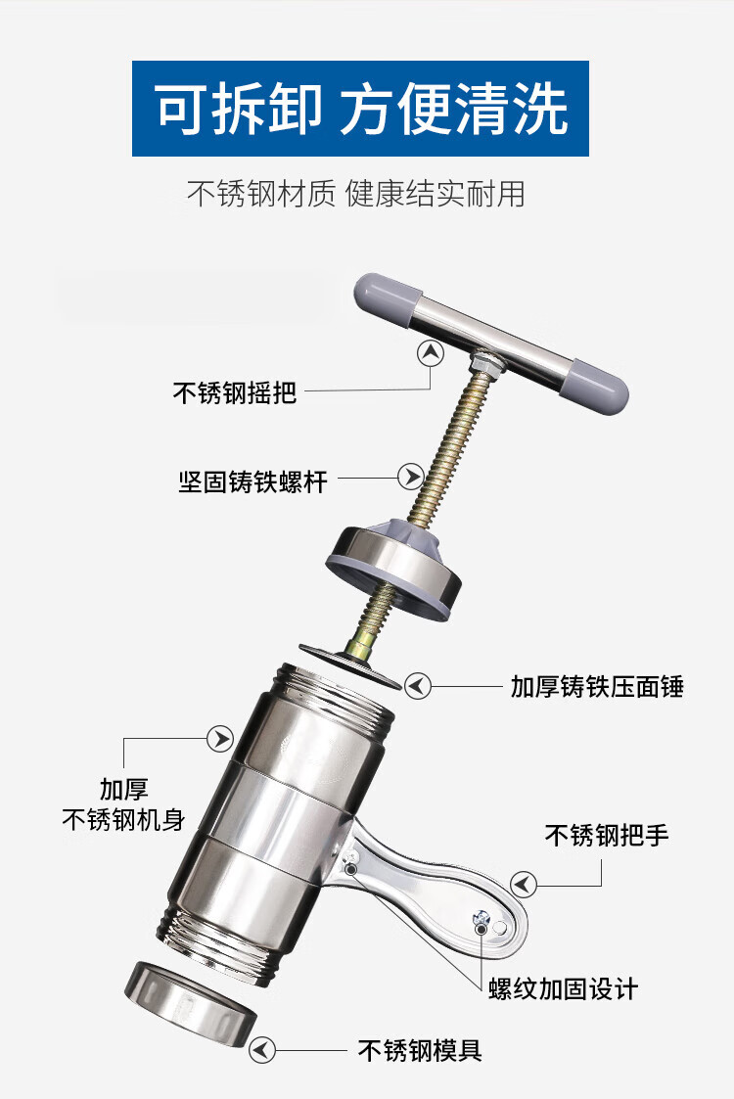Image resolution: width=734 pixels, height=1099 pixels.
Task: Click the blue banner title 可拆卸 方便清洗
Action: click(x=360, y=108)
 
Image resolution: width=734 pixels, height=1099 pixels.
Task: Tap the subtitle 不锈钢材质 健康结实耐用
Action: click(x=356, y=194)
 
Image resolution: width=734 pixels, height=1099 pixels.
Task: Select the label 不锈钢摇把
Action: click(x=235, y=392)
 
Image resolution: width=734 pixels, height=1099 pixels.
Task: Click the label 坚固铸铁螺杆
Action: click(x=253, y=481)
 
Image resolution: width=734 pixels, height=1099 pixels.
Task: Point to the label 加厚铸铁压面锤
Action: click(x=597, y=686)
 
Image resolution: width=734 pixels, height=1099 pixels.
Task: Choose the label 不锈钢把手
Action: click(x=607, y=835)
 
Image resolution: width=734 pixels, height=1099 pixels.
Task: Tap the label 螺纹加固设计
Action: click(x=564, y=989)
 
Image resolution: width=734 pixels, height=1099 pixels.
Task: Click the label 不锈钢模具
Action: click(x=420, y=1050)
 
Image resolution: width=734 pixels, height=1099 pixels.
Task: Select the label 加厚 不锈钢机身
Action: click(x=123, y=803)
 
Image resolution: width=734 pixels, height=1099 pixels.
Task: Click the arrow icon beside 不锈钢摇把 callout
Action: click(x=431, y=352)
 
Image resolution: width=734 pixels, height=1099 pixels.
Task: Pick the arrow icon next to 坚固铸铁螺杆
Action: click(x=410, y=477)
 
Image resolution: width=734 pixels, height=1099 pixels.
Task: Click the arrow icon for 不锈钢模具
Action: click(x=262, y=1050)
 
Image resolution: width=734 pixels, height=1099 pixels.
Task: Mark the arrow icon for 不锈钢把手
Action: click(x=523, y=885)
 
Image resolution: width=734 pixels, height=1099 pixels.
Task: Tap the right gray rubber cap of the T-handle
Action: click(x=597, y=387)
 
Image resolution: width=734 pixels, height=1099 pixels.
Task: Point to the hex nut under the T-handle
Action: click(x=483, y=363)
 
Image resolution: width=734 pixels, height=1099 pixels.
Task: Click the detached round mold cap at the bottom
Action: click(x=191, y=1001)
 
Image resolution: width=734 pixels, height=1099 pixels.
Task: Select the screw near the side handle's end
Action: click(x=482, y=917)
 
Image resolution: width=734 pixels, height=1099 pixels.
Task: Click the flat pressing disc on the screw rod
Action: click(x=349, y=666)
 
